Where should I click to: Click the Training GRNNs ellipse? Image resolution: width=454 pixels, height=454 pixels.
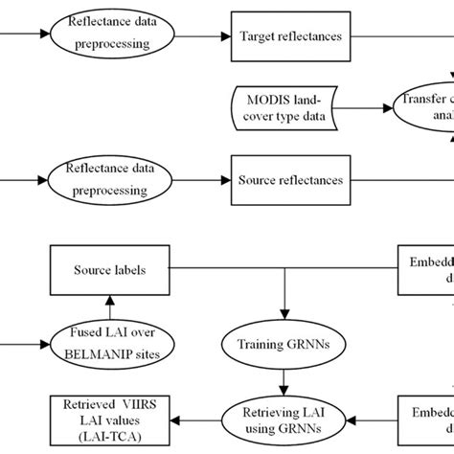click(x=284, y=344)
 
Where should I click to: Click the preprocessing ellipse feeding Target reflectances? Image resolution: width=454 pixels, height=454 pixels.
click(x=108, y=36)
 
